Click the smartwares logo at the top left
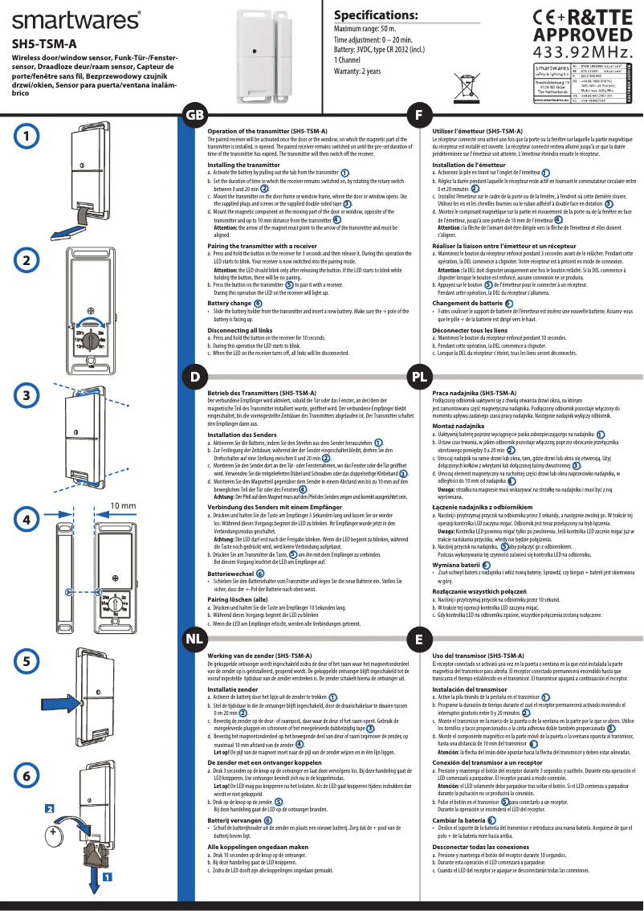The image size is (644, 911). click(x=76, y=19)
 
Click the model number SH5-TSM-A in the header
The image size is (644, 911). click(x=44, y=44)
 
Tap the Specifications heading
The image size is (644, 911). click(x=375, y=16)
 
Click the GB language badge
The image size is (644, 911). click(x=195, y=116)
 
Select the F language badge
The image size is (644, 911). click(x=418, y=116)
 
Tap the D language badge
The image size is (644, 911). click(x=194, y=376)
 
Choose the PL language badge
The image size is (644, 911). click(x=418, y=376)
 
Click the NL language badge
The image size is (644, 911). click(x=194, y=639)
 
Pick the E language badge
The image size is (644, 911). click(x=418, y=639)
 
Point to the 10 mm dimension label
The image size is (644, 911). click(x=121, y=506)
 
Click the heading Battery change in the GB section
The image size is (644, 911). click(x=230, y=303)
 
